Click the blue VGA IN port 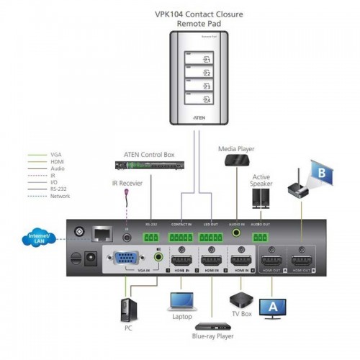coord(125,258)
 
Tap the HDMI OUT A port coord(271,258)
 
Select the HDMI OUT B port coord(300,258)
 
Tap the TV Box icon coord(241,299)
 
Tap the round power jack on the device coord(91,257)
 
